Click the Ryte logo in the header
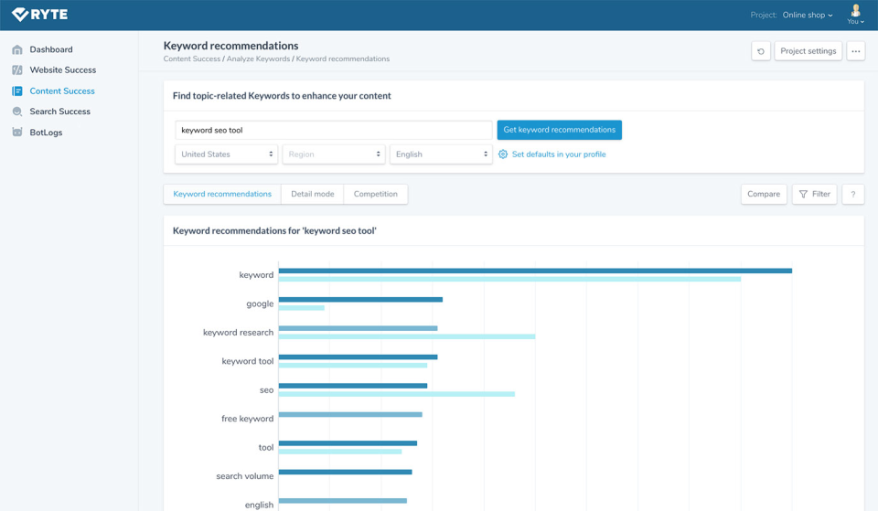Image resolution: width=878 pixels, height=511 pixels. [39, 15]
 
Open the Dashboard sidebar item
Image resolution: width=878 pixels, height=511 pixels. [50, 49]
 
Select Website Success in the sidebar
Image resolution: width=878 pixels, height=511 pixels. [62, 70]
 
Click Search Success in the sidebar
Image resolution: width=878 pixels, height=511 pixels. [59, 112]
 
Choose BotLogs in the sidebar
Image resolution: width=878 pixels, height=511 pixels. [46, 133]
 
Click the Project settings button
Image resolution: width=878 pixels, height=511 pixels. [808, 51]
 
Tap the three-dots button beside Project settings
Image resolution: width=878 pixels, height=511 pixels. [855, 51]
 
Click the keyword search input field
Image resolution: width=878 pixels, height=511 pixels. [333, 130]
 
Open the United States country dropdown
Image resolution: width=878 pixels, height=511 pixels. [226, 154]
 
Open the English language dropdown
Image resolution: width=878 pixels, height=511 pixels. [441, 154]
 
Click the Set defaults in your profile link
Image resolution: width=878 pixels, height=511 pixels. [558, 154]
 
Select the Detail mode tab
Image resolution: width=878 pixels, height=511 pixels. [313, 194]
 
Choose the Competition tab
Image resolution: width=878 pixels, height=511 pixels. [376, 194]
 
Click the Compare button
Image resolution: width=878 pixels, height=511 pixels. [764, 194]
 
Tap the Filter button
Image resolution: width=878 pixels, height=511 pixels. [814, 194]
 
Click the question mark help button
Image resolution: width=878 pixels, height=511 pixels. [853, 194]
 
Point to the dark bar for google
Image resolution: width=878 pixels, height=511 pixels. [360, 299]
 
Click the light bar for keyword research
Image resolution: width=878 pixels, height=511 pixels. [406, 336]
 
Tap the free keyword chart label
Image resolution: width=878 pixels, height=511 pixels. [247, 419]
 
